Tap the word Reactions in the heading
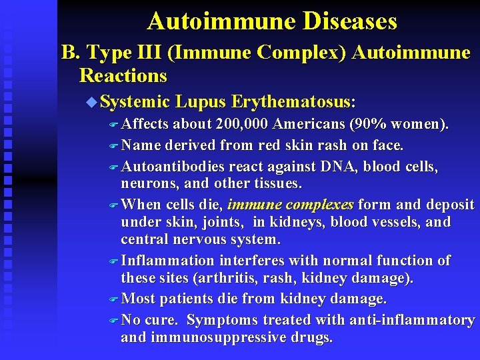click(123, 75)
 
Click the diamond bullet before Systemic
click(92, 102)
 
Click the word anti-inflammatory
click(410, 320)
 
